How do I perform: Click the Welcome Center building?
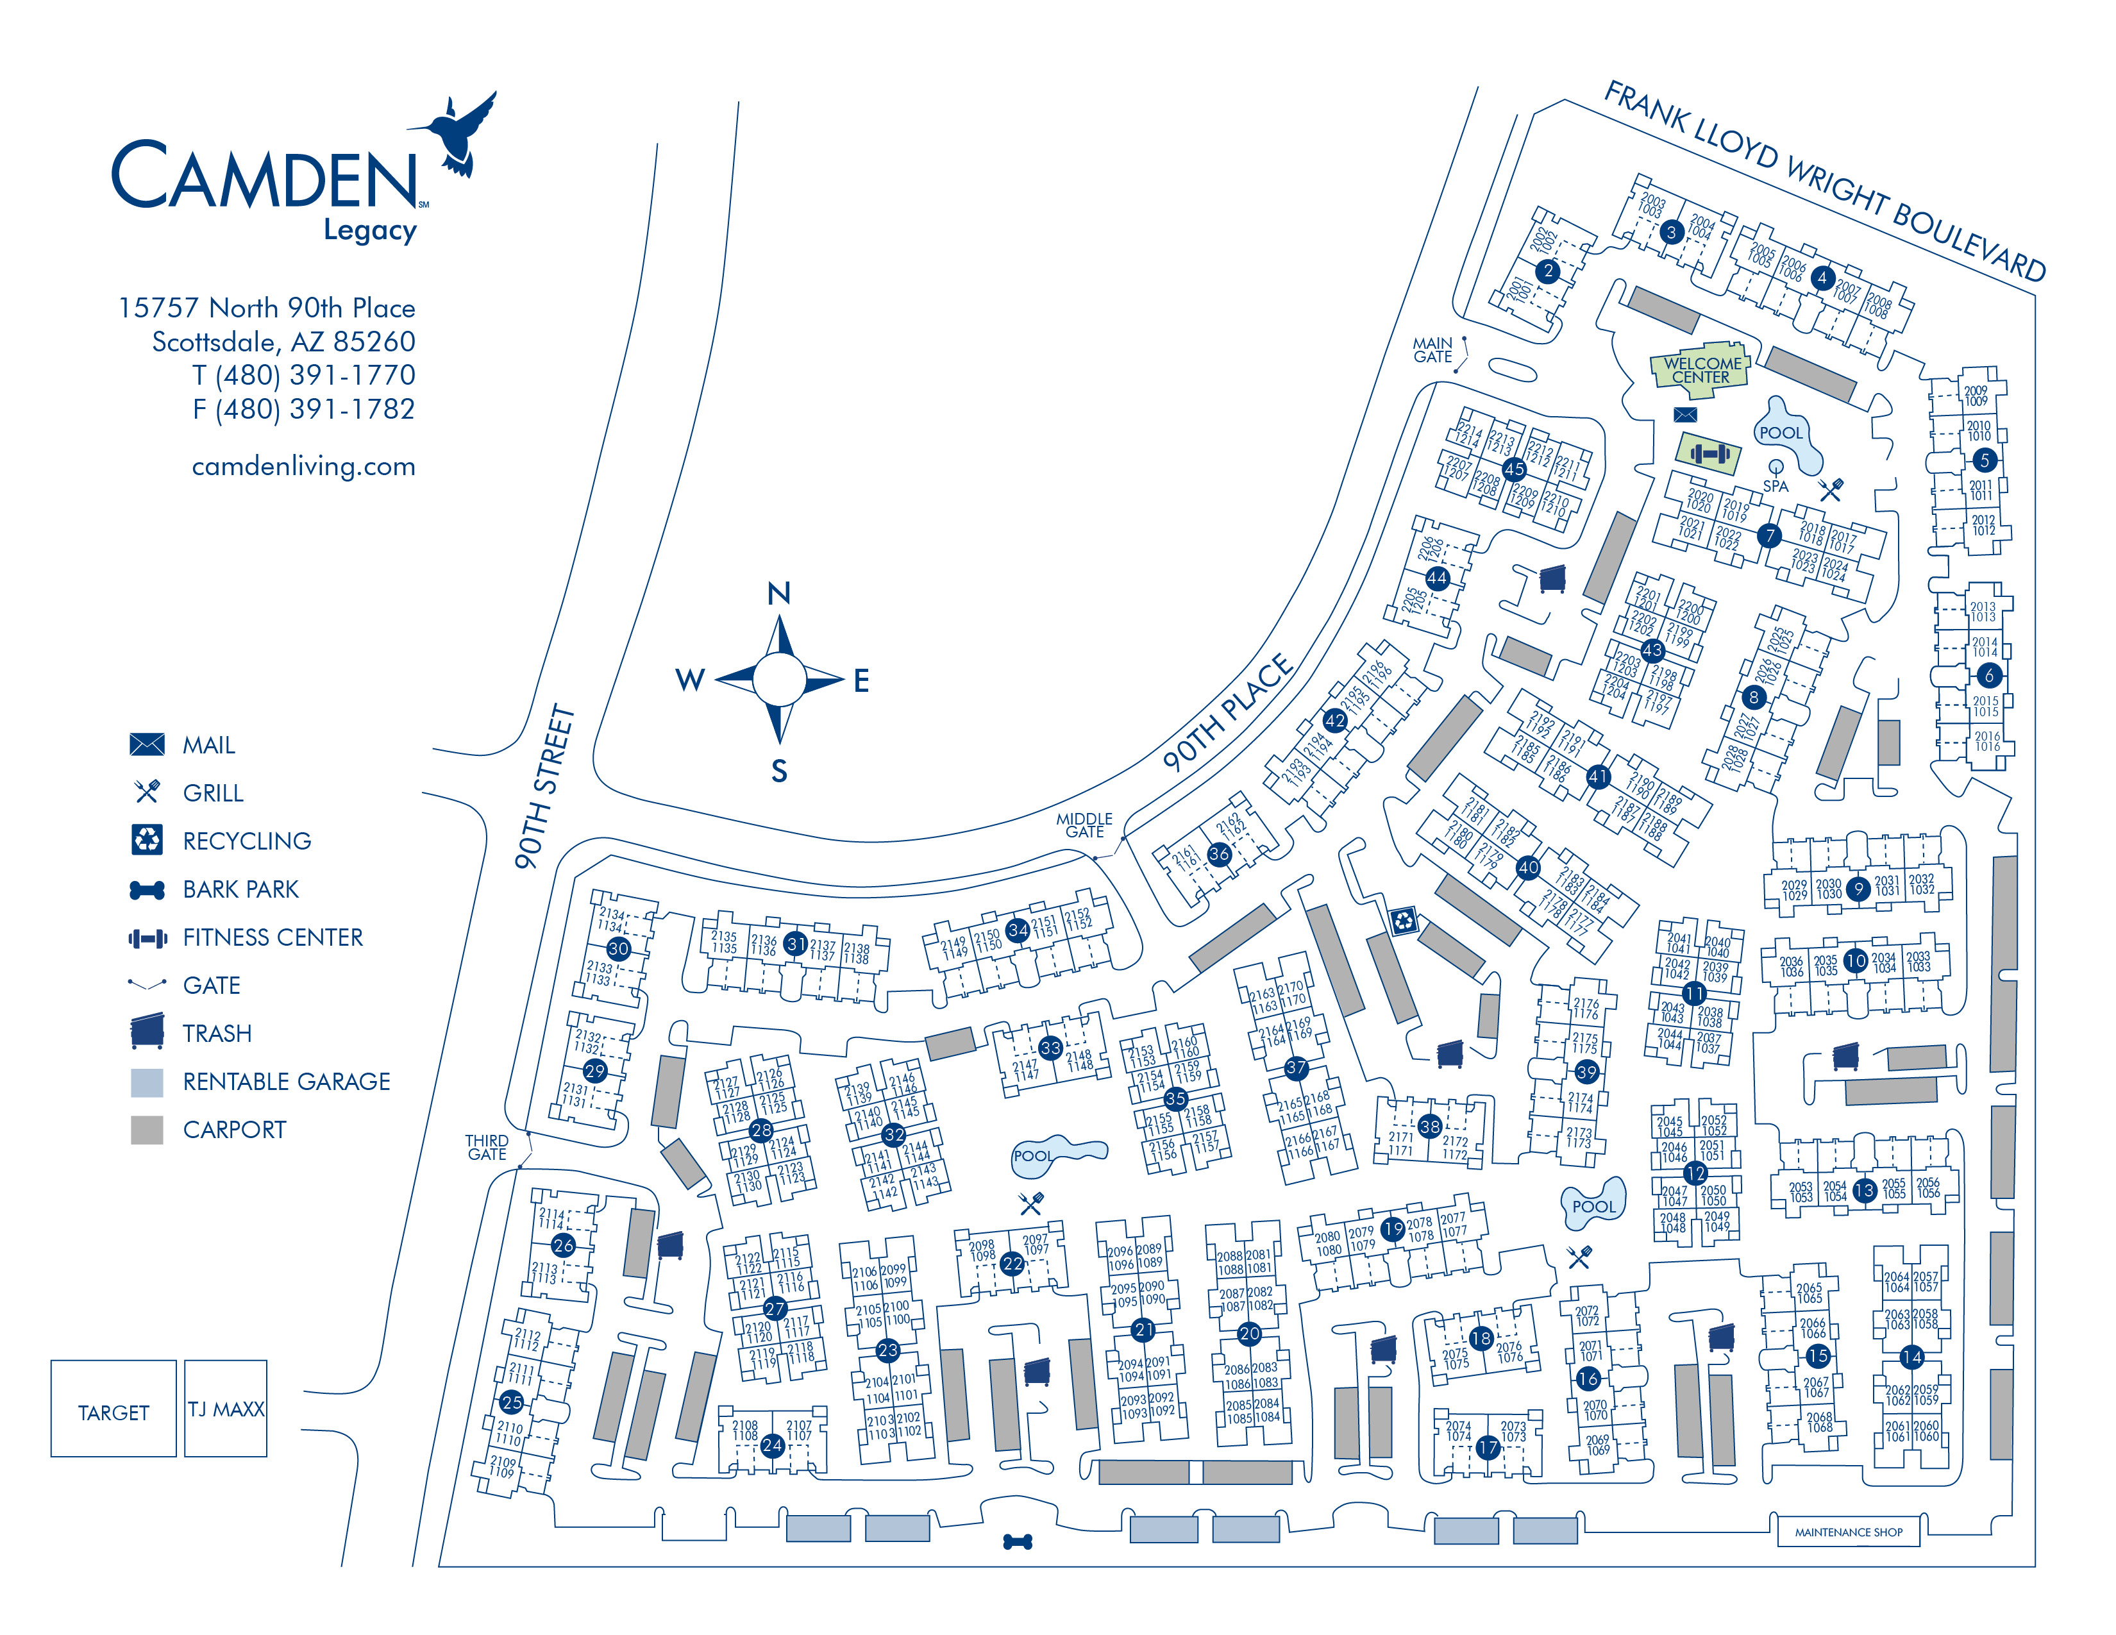click(1700, 369)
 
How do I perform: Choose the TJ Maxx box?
click(225, 1409)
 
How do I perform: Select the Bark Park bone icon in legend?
click(147, 890)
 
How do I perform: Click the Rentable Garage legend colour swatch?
click(147, 1082)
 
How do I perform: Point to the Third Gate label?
click(487, 1147)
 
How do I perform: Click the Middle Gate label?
click(1084, 825)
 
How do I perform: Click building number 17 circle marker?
click(1488, 1447)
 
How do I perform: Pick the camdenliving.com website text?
click(303, 466)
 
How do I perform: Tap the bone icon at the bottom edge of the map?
click(1018, 1541)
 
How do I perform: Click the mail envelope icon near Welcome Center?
click(1685, 415)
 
